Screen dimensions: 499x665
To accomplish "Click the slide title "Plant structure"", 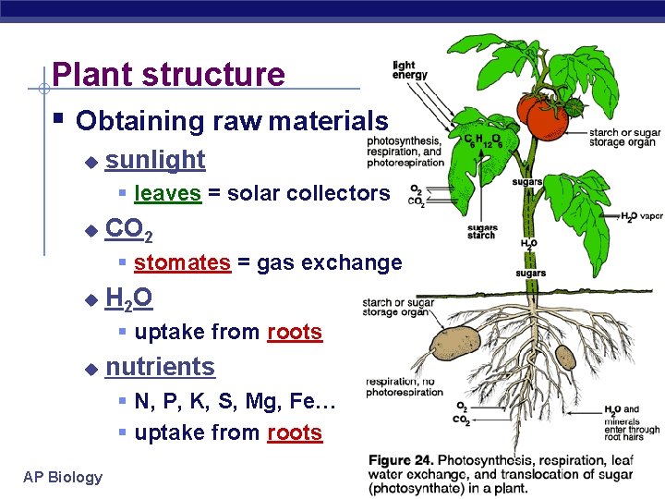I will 169,74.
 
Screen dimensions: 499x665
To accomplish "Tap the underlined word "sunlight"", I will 155,160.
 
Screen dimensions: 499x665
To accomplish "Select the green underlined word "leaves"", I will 167,193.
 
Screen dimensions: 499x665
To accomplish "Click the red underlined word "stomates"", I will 182,262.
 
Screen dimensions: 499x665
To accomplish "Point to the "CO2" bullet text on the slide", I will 129,228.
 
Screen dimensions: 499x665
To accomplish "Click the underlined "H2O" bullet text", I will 129,298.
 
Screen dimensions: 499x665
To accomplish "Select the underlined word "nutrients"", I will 160,367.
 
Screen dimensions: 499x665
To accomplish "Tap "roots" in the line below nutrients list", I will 295,432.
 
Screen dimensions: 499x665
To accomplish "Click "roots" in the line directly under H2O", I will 295,332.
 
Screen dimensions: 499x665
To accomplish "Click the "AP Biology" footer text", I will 63,477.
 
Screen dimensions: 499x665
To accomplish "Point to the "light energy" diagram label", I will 409,70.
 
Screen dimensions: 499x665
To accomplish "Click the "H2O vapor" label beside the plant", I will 641,217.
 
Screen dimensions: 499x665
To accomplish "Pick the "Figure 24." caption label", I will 401,460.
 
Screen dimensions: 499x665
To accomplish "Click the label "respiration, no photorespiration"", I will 405,386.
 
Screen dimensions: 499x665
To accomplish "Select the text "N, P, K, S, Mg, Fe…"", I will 235,401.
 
